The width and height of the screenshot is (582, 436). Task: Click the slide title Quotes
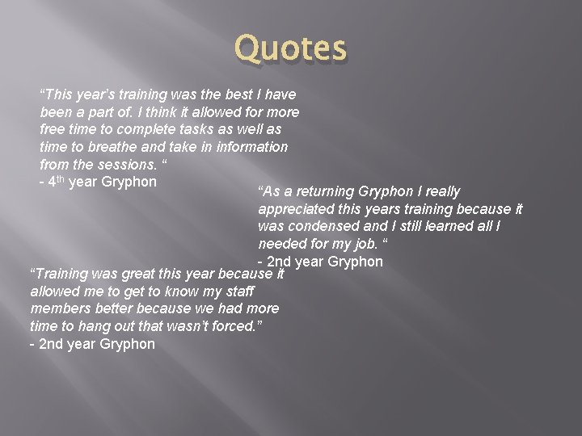(290, 48)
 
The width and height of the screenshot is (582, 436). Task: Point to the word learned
(440, 226)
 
